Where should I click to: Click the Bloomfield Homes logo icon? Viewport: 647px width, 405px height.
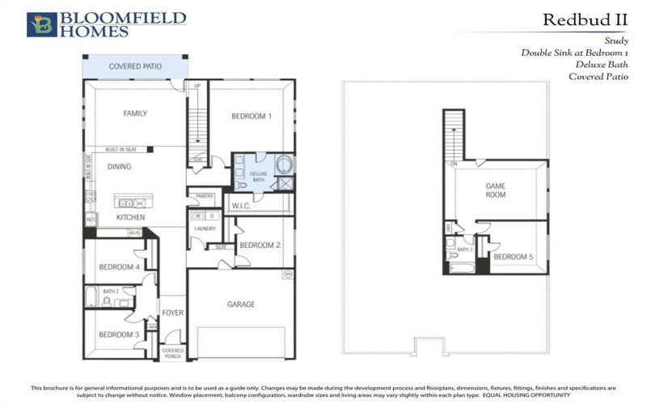tap(41, 24)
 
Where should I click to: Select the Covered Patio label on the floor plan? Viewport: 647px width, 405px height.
tap(135, 66)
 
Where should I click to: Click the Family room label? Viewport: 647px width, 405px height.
tap(135, 113)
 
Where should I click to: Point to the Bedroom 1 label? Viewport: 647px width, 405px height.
tap(252, 117)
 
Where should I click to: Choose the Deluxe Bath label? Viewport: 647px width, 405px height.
tap(258, 177)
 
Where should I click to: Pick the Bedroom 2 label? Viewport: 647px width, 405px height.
tap(260, 245)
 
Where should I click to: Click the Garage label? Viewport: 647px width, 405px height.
tap(241, 305)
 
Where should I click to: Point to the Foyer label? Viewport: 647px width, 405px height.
tap(171, 312)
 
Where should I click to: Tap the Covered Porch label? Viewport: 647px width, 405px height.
tap(173, 352)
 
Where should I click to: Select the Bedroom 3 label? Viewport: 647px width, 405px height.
tap(120, 335)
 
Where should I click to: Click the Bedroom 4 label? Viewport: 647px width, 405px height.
tap(120, 267)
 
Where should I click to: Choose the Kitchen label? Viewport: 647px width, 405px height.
tap(130, 218)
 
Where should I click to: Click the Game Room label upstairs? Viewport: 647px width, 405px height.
tap(496, 190)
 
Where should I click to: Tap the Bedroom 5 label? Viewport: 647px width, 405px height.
tap(514, 257)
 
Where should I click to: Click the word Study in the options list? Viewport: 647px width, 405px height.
tap(615, 40)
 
